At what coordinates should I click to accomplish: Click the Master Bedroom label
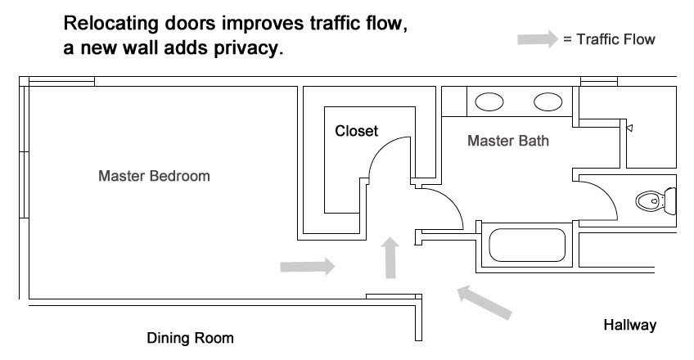(x=154, y=176)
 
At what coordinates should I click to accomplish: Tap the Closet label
(x=356, y=131)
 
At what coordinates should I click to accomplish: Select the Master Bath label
(x=508, y=141)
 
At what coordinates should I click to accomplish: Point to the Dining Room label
(x=190, y=338)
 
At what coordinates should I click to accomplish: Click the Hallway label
(x=630, y=325)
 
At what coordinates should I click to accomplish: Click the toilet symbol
(x=656, y=201)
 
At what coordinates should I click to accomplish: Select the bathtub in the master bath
(x=527, y=245)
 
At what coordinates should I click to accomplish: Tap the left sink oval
(x=489, y=102)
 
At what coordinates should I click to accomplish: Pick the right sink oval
(x=548, y=102)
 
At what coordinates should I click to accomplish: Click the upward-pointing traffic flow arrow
(x=390, y=258)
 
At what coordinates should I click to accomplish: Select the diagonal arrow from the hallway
(x=484, y=302)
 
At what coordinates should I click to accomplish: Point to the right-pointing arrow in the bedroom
(x=308, y=266)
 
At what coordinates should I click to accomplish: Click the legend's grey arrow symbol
(x=538, y=39)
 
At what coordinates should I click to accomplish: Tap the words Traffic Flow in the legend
(x=615, y=39)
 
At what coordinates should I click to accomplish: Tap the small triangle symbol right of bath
(x=630, y=128)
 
